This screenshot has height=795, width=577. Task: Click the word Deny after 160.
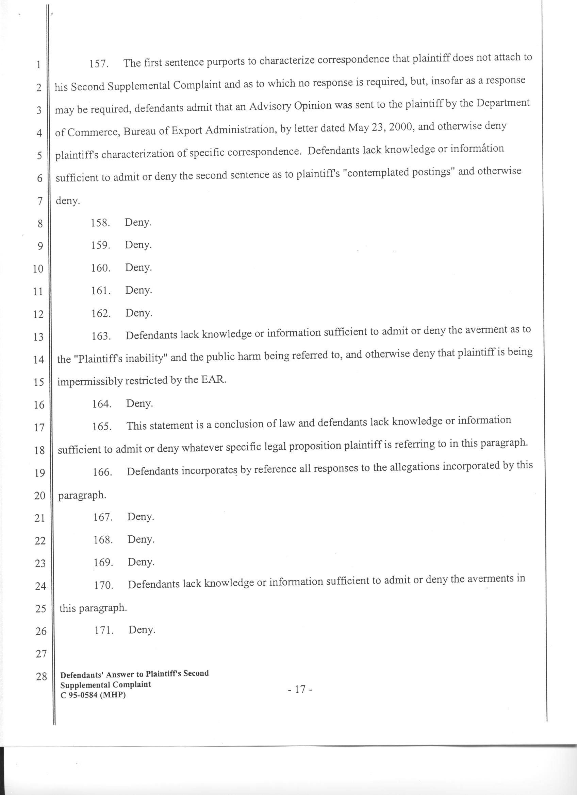(x=138, y=268)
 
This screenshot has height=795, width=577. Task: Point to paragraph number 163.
(x=101, y=336)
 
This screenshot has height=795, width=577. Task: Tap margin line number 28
(x=42, y=676)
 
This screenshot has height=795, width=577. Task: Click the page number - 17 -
(x=300, y=690)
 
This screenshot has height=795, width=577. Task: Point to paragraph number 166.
(x=102, y=472)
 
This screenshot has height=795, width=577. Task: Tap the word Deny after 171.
(x=142, y=630)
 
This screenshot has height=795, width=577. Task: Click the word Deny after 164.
(x=139, y=404)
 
